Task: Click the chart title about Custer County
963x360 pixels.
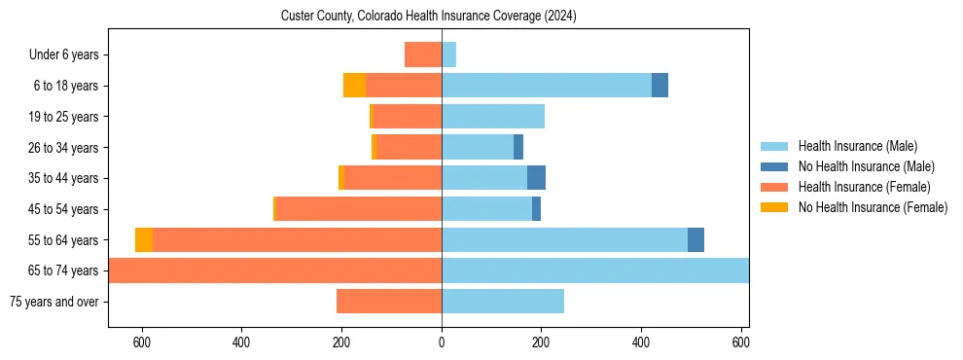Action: point(429,16)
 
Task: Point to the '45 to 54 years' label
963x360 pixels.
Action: point(63,209)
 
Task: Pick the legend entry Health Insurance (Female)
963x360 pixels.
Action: point(864,187)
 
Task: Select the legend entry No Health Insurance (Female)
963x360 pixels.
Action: point(873,207)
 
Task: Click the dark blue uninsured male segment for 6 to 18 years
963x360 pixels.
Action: point(660,86)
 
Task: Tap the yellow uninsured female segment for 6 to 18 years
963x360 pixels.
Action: point(354,86)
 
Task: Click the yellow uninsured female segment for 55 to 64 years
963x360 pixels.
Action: point(144,239)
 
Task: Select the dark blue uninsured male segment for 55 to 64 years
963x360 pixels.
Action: point(695,239)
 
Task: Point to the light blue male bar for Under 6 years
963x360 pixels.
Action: point(448,54)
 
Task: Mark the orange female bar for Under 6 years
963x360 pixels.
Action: point(423,54)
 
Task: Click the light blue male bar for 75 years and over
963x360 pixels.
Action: point(503,302)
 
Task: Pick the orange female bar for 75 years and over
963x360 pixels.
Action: point(389,302)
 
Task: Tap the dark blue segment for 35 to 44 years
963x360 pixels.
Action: point(536,178)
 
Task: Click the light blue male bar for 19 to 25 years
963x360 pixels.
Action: point(493,117)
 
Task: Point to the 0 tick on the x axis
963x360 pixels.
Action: point(442,342)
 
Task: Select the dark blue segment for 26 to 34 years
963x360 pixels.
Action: point(518,147)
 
